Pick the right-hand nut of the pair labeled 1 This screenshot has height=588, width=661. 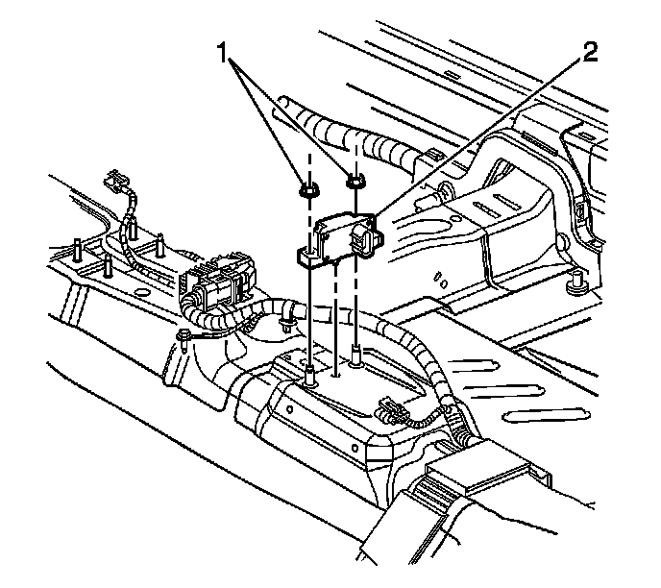pyautogui.click(x=355, y=180)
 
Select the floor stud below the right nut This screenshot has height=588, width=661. pyautogui.click(x=356, y=355)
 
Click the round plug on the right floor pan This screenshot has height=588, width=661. pyautogui.click(x=578, y=282)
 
